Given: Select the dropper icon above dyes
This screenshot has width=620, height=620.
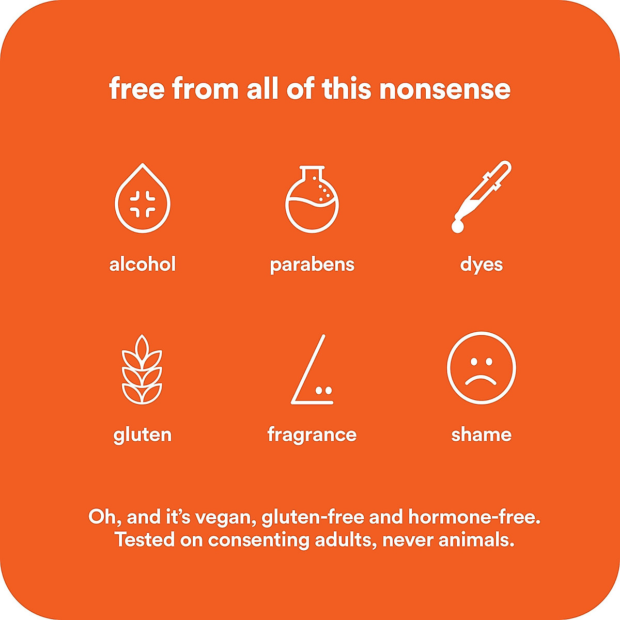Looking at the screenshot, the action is pos(481,196).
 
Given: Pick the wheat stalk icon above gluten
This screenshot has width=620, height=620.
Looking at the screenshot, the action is pos(142,369).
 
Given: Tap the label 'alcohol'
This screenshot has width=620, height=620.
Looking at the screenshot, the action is pos(143,265).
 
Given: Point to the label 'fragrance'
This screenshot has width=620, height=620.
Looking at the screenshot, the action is pos(312,436).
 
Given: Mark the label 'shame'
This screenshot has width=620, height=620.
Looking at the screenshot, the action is pos(482,435).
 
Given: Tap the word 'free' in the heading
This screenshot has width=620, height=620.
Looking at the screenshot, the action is pos(137,88).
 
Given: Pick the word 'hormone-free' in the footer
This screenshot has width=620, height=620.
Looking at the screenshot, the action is pos(474,518).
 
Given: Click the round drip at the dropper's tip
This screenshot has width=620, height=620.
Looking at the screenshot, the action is pos(457,227).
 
